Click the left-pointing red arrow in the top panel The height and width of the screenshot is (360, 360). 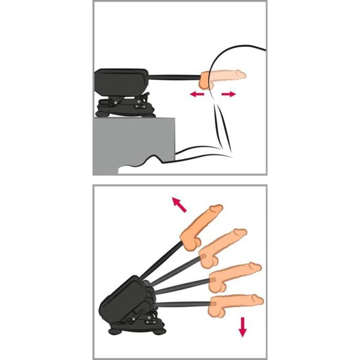(197, 94)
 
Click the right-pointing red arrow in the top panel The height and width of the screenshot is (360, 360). (228, 94)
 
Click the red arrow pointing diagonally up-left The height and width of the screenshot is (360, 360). (179, 205)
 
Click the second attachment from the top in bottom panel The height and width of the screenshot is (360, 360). (221, 247)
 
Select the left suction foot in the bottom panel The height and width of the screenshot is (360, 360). (114, 331)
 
